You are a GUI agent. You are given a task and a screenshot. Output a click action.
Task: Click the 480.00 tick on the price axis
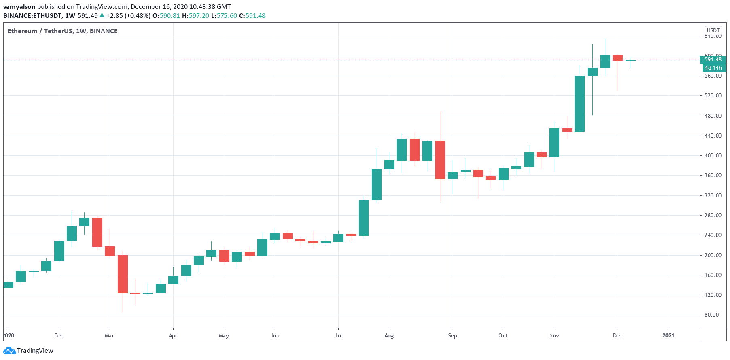713,116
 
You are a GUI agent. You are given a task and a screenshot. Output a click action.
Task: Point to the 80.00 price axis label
713,315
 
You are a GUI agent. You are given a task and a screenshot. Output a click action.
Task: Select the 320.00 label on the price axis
713,195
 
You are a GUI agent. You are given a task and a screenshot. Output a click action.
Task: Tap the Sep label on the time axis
452,335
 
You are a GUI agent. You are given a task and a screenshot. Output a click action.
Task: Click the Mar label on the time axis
109,335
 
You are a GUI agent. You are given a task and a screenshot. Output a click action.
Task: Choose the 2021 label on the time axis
668,335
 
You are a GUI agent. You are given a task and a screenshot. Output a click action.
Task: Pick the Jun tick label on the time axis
275,335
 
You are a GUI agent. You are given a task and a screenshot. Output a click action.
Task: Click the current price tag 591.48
713,60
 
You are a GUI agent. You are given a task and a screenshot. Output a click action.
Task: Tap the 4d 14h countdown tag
713,68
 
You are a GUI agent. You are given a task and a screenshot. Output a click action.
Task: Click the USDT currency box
713,30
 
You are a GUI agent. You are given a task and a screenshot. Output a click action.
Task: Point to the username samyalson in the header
19,7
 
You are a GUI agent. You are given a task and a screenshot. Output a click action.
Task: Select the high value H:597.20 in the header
195,16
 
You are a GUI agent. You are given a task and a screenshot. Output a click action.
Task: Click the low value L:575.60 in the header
224,16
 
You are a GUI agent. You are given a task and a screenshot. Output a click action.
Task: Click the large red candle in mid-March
123,274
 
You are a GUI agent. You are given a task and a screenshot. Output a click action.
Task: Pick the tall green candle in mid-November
580,104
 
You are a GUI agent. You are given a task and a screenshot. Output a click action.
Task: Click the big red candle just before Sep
440,160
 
